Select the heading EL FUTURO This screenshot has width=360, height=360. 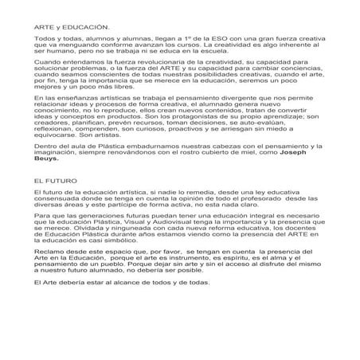(x=54, y=204)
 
